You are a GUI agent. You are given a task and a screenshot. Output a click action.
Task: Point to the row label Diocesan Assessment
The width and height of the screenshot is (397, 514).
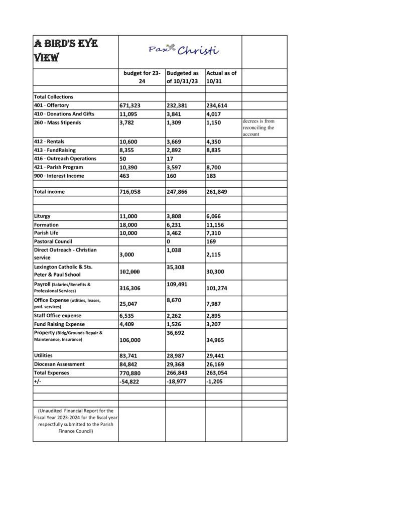[59, 364]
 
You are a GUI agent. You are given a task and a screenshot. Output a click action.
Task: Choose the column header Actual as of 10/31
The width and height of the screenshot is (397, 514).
[221, 77]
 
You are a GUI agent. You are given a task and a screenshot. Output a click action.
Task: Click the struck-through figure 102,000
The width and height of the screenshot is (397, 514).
[129, 272]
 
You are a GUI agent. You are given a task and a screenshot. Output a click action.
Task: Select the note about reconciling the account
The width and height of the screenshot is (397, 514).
[258, 128]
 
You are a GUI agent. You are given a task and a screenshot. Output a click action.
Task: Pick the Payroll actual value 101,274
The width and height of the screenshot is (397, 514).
[217, 288]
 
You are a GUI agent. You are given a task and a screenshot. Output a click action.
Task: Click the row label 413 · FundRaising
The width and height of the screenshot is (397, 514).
[53, 150]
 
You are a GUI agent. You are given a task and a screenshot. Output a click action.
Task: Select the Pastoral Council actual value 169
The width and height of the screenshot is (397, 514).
[211, 241]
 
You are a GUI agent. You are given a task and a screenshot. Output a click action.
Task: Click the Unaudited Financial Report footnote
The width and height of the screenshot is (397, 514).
[76, 421]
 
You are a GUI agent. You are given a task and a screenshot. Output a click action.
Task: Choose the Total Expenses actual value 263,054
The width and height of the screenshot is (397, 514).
[217, 373]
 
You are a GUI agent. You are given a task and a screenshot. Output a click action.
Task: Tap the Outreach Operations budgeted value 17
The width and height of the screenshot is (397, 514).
[170, 159]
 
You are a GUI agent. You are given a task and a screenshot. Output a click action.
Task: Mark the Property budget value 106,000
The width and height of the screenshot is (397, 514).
[129, 340]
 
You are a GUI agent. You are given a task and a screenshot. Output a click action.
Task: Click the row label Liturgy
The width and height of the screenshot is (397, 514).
[42, 216]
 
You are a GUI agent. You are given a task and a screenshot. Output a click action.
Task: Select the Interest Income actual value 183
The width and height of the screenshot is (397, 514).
[212, 176]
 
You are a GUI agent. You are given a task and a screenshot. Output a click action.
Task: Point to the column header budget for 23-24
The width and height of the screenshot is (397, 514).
[142, 77]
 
